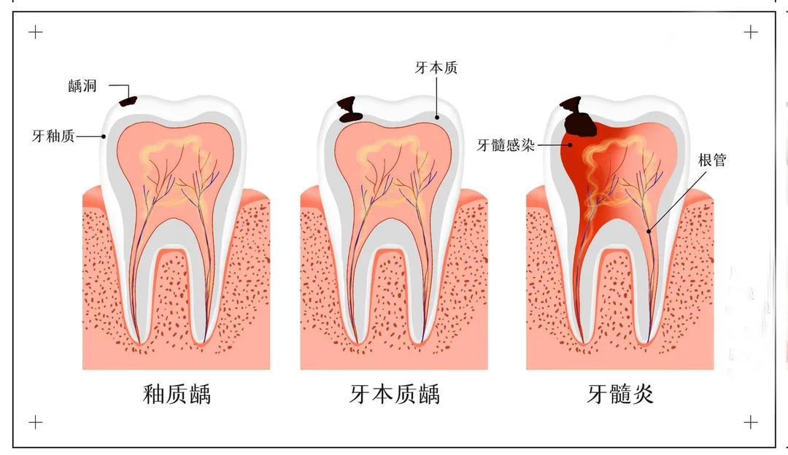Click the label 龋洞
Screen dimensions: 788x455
(82, 86)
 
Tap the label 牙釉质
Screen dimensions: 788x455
(53, 136)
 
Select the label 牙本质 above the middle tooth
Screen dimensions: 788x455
(436, 68)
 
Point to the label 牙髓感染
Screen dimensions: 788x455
(506, 145)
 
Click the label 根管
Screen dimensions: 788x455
(712, 160)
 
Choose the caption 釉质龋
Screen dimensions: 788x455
(177, 394)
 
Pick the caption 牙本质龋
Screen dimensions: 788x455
(395, 394)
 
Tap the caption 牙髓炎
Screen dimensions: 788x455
(620, 394)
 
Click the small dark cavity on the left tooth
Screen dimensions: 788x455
(128, 101)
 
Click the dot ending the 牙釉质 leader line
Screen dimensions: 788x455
(104, 136)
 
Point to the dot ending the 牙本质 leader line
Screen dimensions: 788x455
(437, 118)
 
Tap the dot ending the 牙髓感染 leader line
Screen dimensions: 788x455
(571, 145)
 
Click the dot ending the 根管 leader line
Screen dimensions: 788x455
(649, 232)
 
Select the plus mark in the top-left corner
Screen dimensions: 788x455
(35, 33)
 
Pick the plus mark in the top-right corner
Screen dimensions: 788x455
(750, 33)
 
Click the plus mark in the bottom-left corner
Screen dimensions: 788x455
(35, 422)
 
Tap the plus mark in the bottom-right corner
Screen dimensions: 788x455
(750, 422)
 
